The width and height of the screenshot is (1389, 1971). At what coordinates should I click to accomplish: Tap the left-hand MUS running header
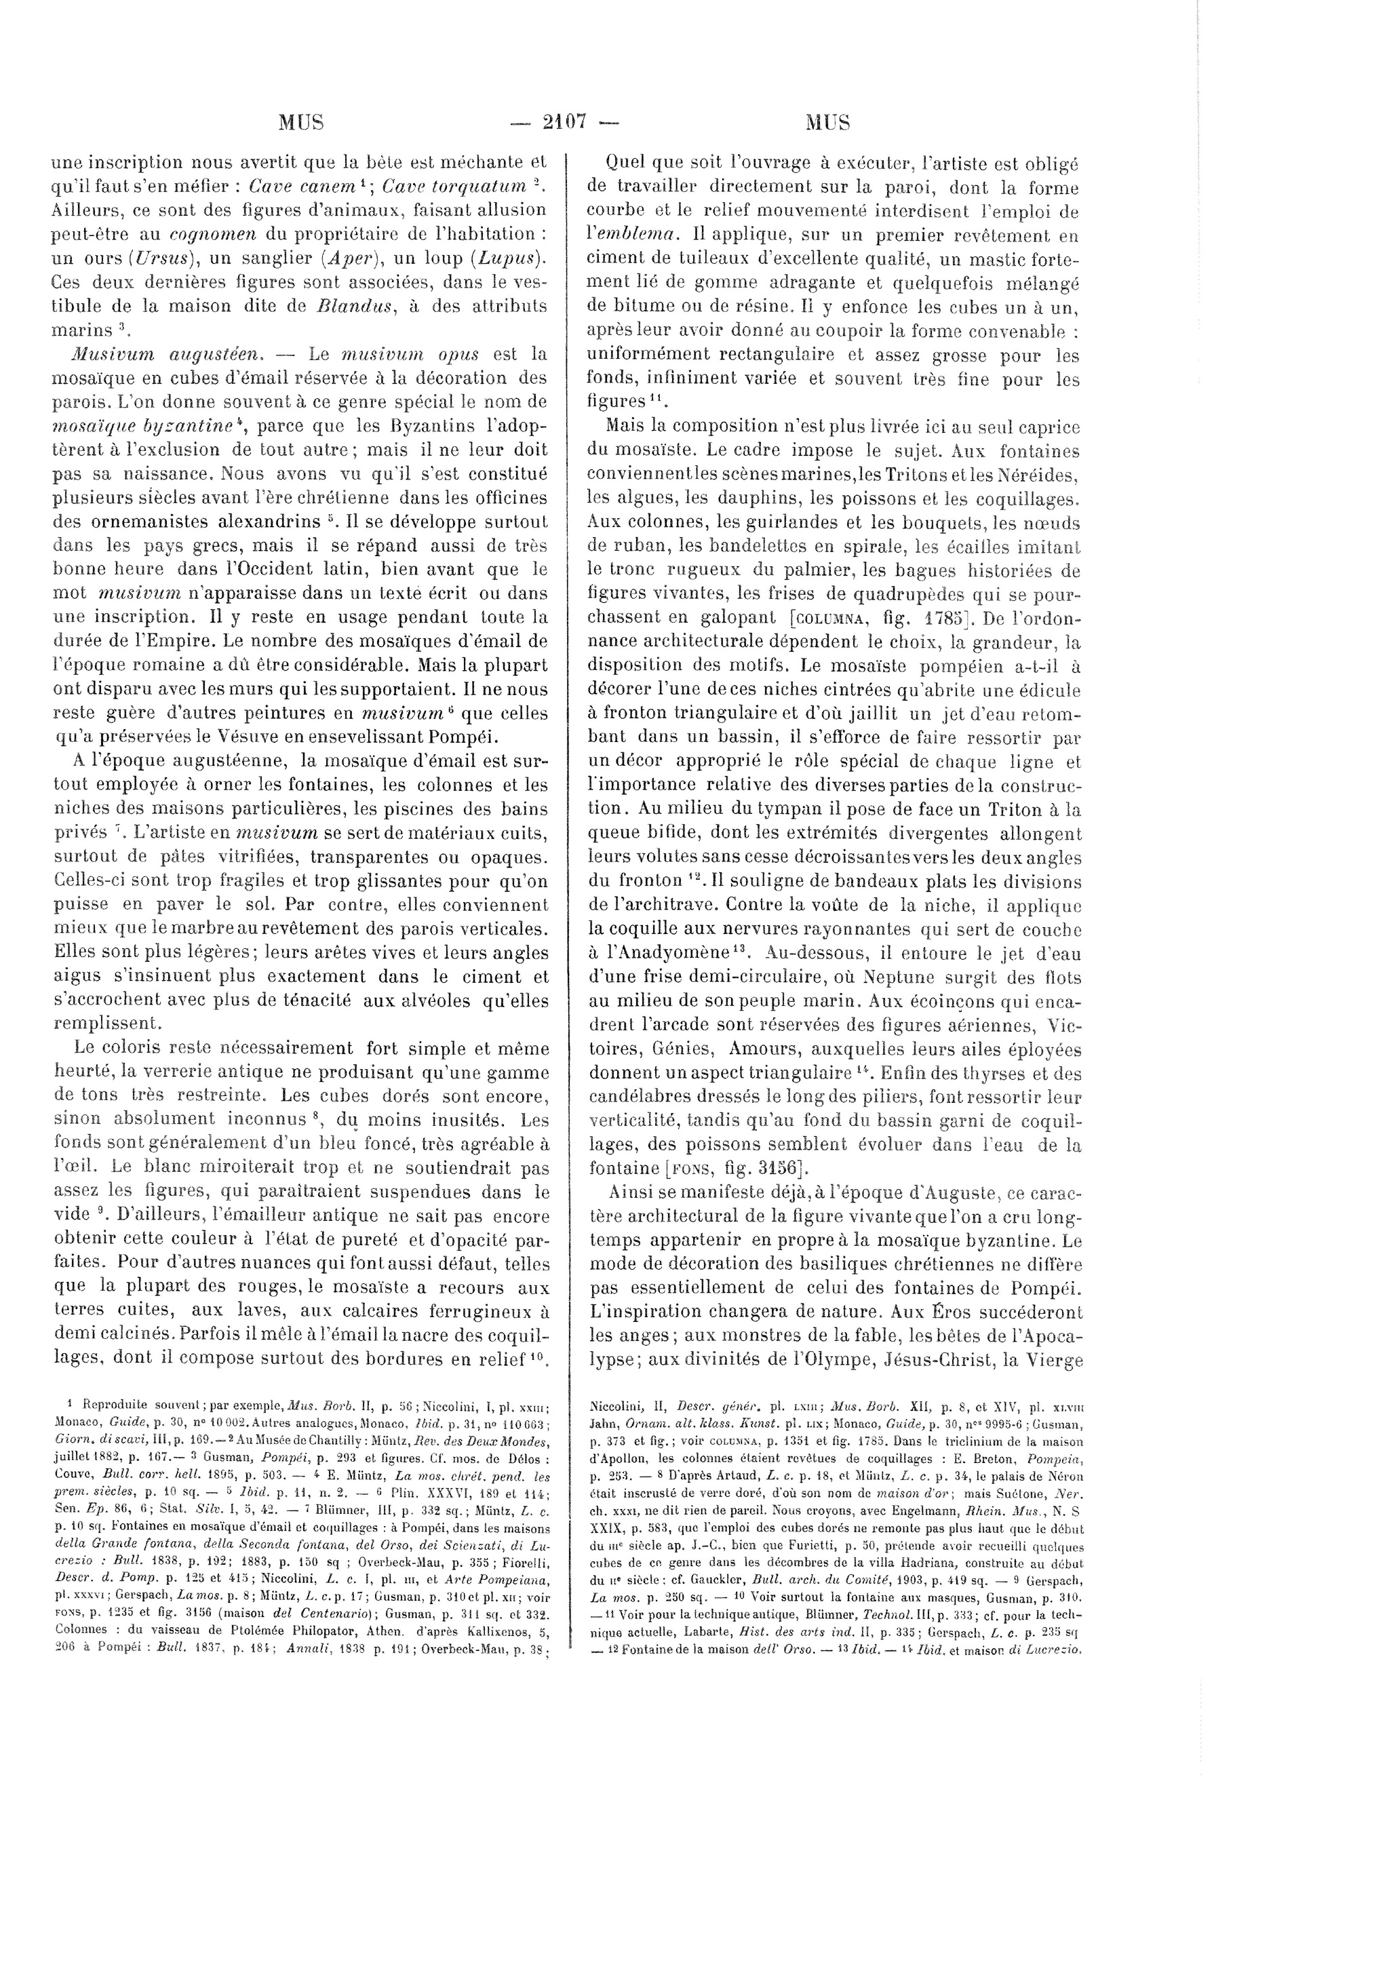pos(301,122)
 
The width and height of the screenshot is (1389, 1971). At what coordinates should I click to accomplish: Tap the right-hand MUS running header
pos(827,122)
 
